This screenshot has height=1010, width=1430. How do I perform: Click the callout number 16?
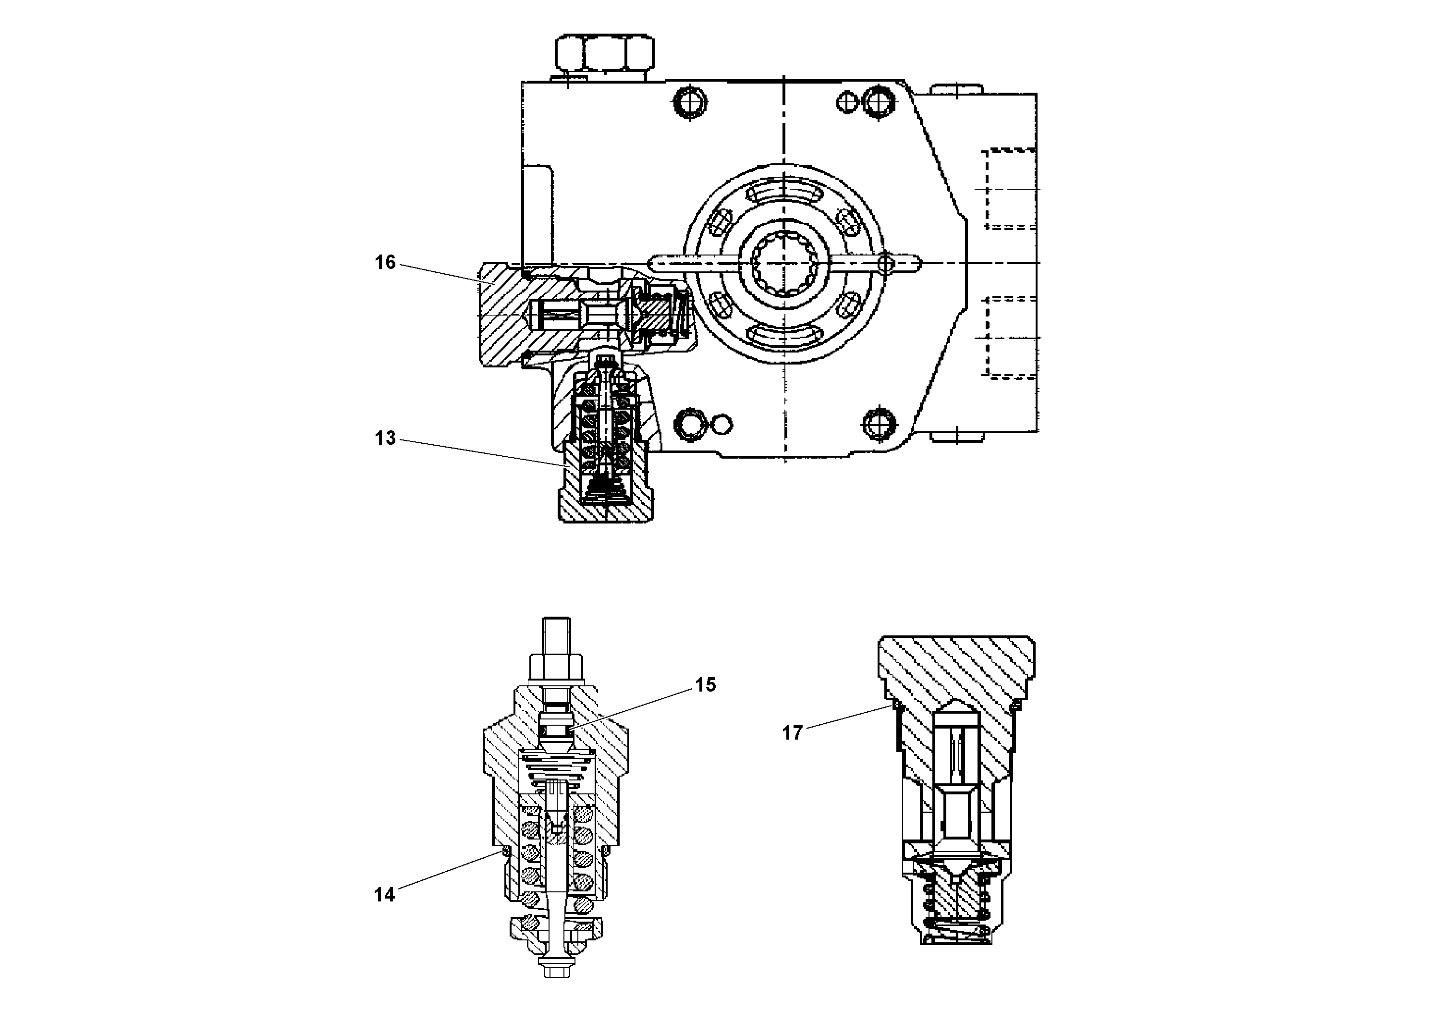click(x=385, y=262)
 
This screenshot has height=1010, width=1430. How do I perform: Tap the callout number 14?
click(x=384, y=895)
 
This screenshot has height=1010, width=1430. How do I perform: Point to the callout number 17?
click(x=792, y=733)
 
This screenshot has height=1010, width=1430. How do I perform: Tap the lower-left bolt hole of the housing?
click(x=691, y=424)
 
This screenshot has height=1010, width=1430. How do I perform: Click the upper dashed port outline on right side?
click(x=1009, y=189)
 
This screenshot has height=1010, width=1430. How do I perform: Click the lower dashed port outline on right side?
click(x=1009, y=337)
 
